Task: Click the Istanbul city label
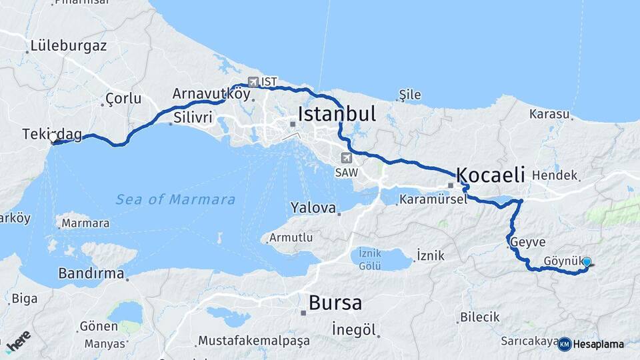point(337,113)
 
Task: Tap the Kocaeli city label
point(490,175)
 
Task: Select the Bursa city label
point(335,303)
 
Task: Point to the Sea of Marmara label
point(175,199)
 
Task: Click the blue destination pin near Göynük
point(587,263)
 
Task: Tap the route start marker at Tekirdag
point(53,138)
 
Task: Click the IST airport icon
point(253,82)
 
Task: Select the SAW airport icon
point(345,158)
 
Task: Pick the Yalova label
point(313,208)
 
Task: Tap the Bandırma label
point(91,273)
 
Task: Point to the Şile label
point(410,95)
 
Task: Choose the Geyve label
point(527,243)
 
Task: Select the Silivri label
point(193,117)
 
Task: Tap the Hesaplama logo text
point(598,345)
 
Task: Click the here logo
point(18,340)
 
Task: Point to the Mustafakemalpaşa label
point(254,341)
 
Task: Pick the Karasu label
point(549,114)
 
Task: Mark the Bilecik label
point(479,317)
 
